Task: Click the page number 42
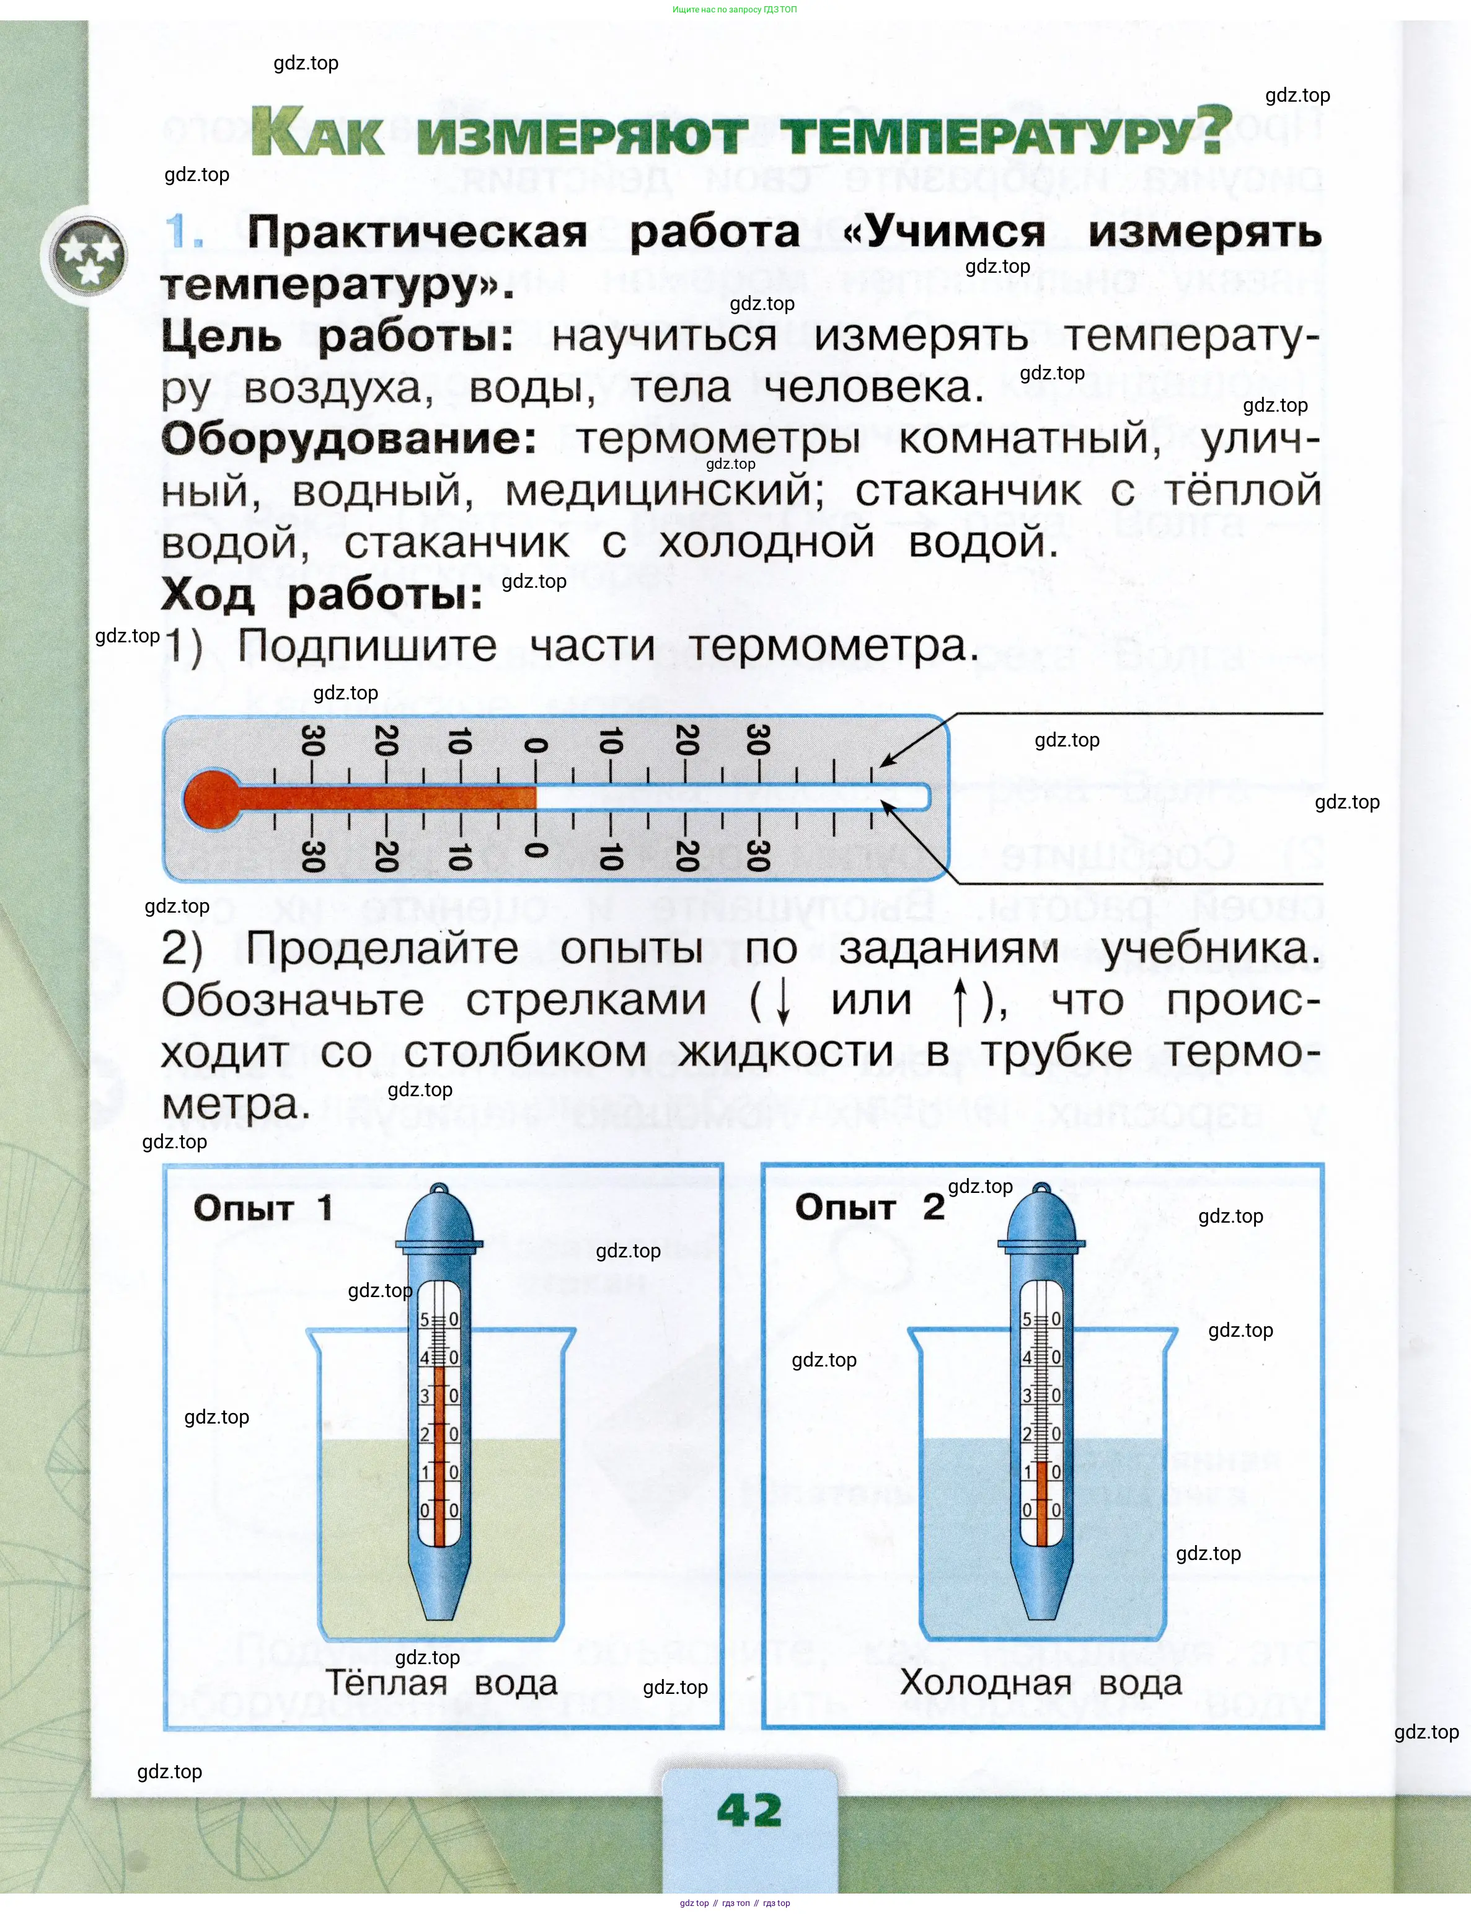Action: coord(749,1810)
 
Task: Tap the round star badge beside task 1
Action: coord(86,255)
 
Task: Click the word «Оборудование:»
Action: coord(348,438)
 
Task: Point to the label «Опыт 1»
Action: coord(263,1208)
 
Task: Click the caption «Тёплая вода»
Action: coord(441,1682)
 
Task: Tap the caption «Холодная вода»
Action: coord(1041,1682)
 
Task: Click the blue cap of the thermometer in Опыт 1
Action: coord(439,1217)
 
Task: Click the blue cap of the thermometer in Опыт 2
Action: coord(1041,1217)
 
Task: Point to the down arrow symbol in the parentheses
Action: coord(784,1001)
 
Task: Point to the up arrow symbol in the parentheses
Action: coord(960,1001)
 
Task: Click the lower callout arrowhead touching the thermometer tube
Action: coord(886,805)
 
